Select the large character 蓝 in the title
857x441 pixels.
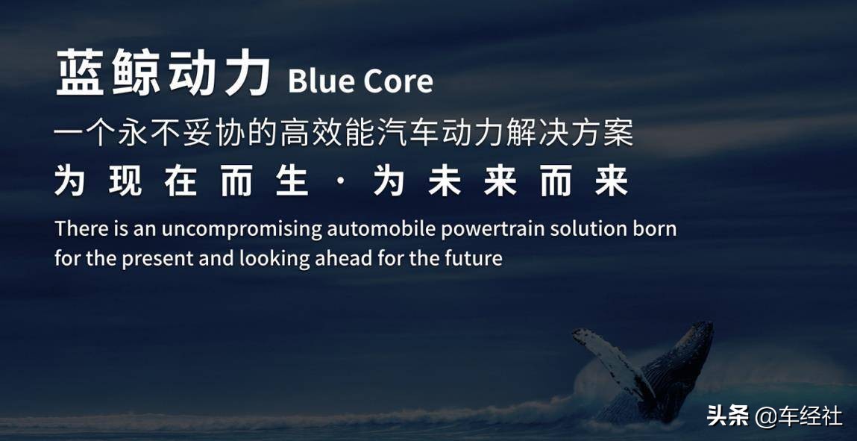pyautogui.click(x=81, y=72)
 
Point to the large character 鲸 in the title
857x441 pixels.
pyautogui.click(x=136, y=72)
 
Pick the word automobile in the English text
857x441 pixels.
pyautogui.click(x=381, y=228)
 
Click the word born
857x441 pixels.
pyautogui.click(x=654, y=228)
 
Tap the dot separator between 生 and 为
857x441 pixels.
pyautogui.click(x=341, y=183)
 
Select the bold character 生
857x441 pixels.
pyautogui.click(x=293, y=183)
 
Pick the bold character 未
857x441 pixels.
pyautogui.click(x=444, y=183)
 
